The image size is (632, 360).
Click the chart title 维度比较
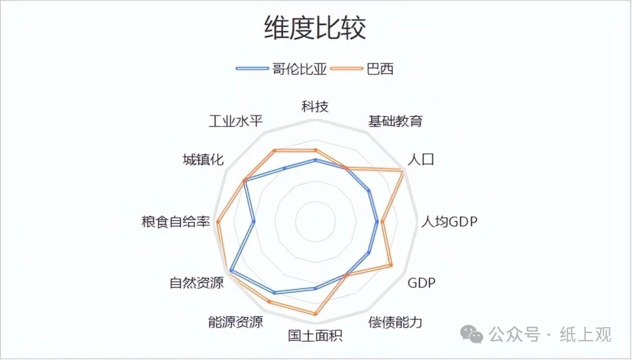pyautogui.click(x=315, y=28)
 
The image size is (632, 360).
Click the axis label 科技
pyautogui.click(x=315, y=107)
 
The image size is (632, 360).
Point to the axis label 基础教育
pyautogui.click(x=395, y=122)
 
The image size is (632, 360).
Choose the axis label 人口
pyautogui.click(x=421, y=159)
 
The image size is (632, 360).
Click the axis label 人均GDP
pyautogui.click(x=449, y=222)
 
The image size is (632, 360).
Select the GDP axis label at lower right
pyautogui.click(x=421, y=284)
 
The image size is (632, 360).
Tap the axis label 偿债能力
pyautogui.click(x=395, y=322)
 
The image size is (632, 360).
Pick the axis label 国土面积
pyautogui.click(x=315, y=336)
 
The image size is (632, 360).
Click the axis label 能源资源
pyautogui.click(x=235, y=322)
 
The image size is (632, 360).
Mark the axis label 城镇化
pyautogui.click(x=203, y=159)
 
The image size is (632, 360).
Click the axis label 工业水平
pyautogui.click(x=236, y=122)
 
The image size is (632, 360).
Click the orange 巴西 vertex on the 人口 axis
pyautogui.click(x=403, y=170)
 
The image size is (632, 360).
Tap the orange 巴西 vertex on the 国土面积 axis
pyautogui.click(x=315, y=314)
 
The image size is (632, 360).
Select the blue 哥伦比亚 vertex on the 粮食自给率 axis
pyautogui.click(x=254, y=222)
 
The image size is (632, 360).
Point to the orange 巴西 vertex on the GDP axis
pyautogui.click(x=391, y=266)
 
